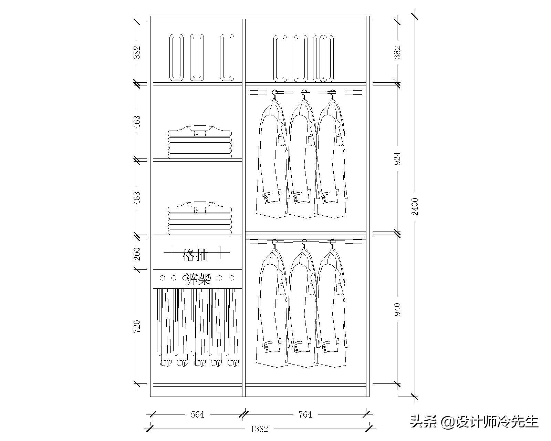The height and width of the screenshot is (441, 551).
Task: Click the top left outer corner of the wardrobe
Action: pos(150,16)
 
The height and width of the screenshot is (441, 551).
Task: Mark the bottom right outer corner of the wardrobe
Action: pos(369,397)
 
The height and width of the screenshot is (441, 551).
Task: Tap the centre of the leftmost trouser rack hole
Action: pos(162,278)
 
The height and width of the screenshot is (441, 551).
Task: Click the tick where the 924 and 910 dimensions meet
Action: pos(397,234)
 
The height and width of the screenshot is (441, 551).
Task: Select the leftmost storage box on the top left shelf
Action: pos(176,58)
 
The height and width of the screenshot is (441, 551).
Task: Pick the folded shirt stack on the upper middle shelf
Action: pos(200,142)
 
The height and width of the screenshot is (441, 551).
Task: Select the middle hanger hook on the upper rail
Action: pos(304,92)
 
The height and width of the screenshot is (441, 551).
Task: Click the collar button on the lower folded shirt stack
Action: pos(197,210)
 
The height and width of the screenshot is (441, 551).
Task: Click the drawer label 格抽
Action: pos(195,255)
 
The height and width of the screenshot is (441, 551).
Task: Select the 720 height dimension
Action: pos(137,327)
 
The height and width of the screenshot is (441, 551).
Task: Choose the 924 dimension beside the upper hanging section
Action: pos(397,158)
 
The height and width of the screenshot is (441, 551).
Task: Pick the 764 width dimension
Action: pos(305,414)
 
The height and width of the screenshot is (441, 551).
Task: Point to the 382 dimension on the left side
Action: pos(137,52)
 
